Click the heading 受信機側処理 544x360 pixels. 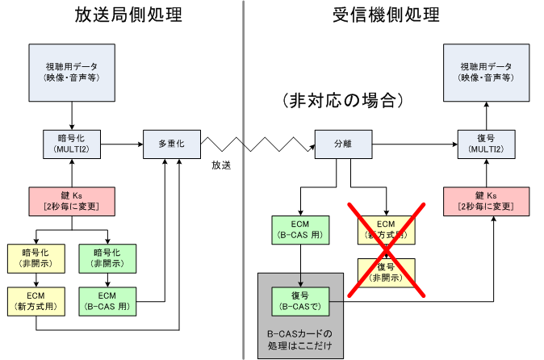tap(386, 15)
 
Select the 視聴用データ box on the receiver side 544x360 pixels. tap(486, 71)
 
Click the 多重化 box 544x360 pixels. tap(170, 144)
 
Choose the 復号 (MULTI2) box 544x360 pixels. tap(486, 144)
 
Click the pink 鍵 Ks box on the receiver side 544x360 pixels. tap(486, 201)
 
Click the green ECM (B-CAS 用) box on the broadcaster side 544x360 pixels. tap(107, 300)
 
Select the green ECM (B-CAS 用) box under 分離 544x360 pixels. tap(300, 230)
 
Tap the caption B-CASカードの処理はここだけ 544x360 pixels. tap(300, 340)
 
